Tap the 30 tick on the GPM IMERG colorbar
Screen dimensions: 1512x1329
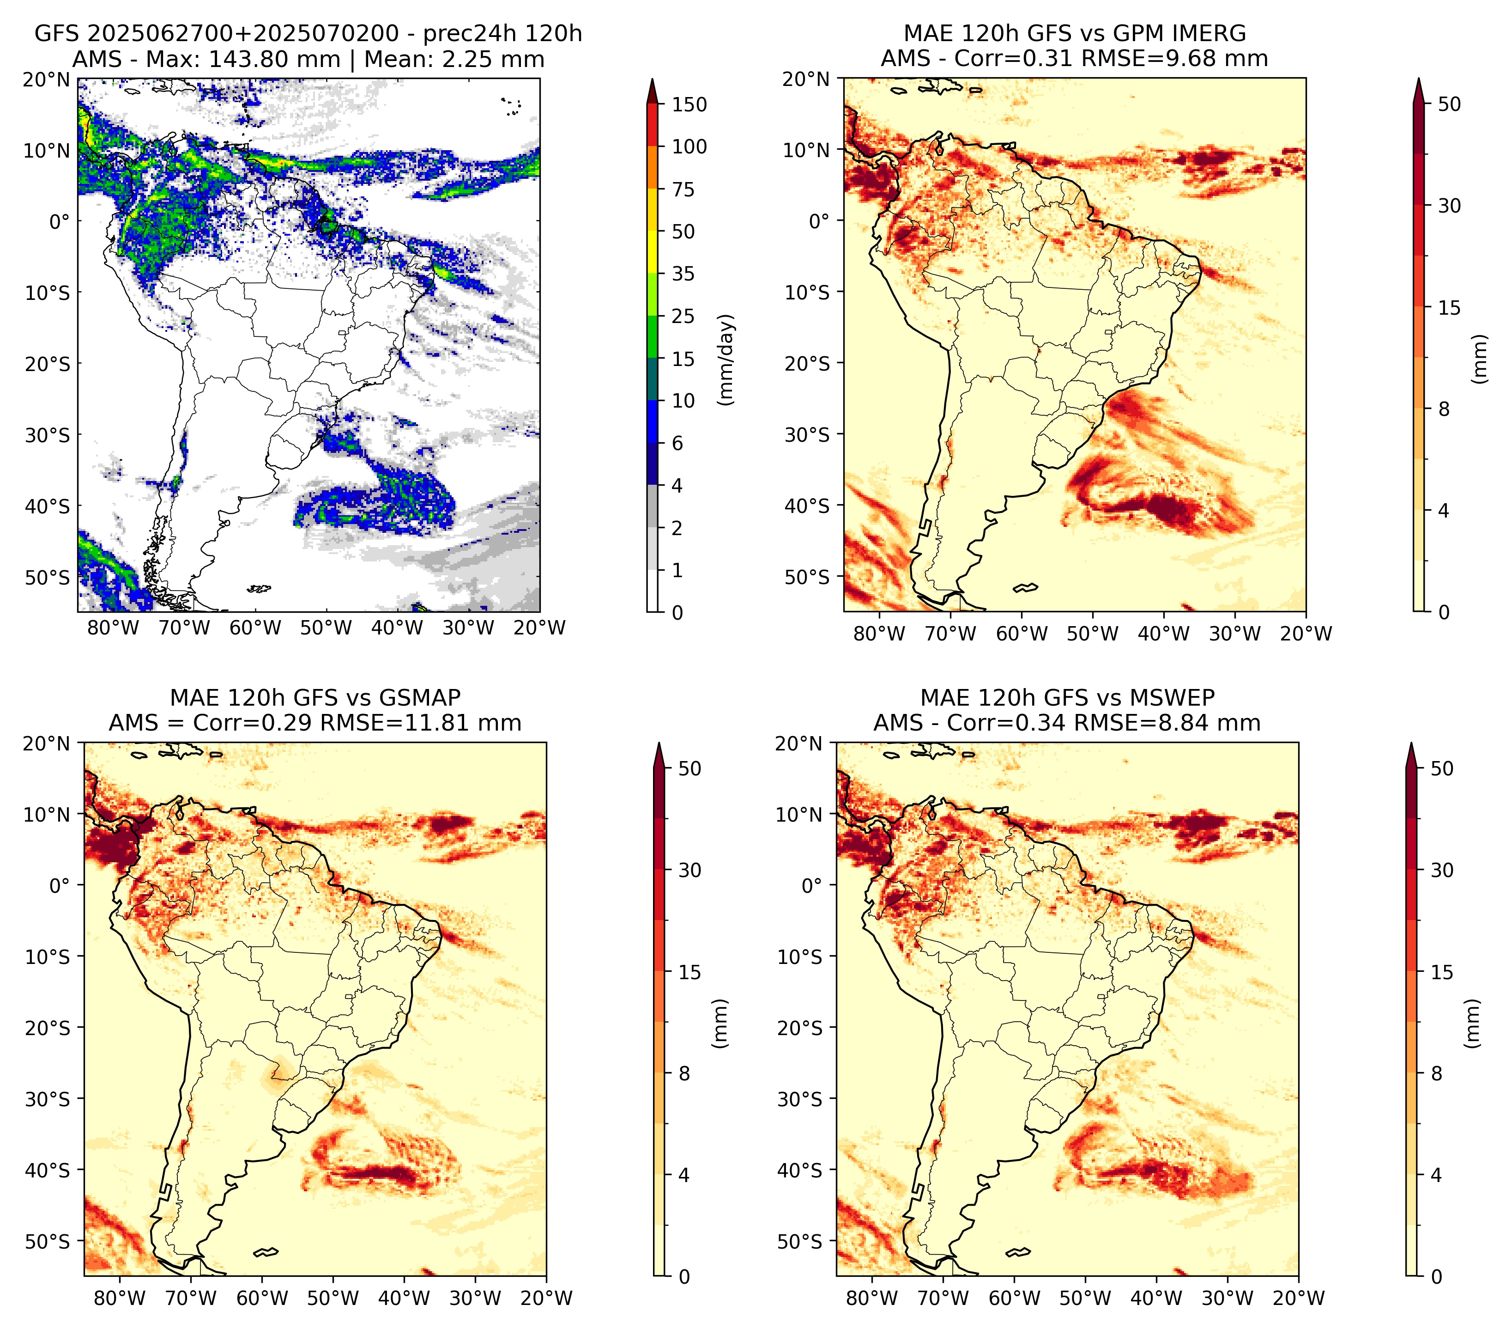[x=1449, y=206]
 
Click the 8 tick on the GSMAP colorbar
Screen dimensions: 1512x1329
[x=683, y=1074]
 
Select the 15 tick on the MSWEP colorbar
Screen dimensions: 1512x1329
[x=1442, y=972]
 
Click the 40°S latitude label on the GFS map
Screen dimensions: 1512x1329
[x=48, y=507]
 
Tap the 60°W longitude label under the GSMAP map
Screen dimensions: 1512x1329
[x=263, y=1298]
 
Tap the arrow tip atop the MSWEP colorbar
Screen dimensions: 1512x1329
[x=1411, y=744]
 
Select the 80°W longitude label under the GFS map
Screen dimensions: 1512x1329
[x=113, y=628]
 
